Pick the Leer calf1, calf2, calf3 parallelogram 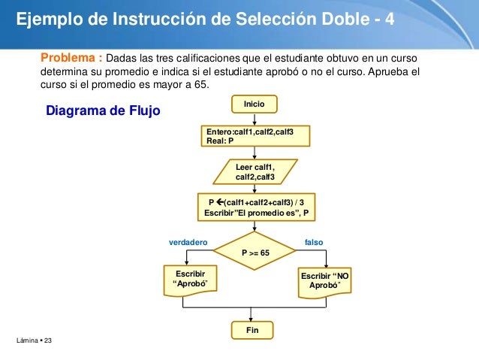click(x=255, y=171)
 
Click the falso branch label click(x=315, y=242)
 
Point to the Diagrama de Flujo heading click(x=104, y=112)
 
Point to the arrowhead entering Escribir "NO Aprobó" click(x=327, y=265)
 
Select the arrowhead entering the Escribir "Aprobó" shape click(x=185, y=262)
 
